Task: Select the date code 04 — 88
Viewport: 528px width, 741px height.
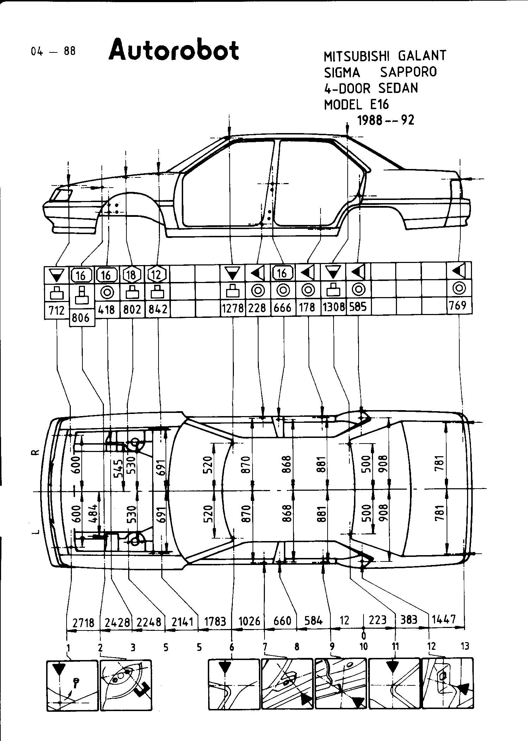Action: coord(53,51)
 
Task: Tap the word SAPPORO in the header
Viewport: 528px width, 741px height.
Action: coord(408,72)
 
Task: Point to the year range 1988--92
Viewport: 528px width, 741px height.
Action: coord(386,120)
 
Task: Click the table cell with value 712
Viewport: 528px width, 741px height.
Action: coord(57,310)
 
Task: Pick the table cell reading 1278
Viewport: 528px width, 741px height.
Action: coord(232,308)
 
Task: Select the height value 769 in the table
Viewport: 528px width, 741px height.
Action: coord(458,305)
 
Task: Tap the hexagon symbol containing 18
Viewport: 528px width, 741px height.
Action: coord(132,274)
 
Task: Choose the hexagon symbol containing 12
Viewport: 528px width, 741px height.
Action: coord(157,274)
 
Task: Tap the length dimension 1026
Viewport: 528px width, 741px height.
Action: coord(249,620)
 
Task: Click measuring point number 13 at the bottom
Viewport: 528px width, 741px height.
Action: coord(465,646)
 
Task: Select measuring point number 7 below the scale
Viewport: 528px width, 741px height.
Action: coord(265,646)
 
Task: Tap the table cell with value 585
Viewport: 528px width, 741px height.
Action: coord(358,307)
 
